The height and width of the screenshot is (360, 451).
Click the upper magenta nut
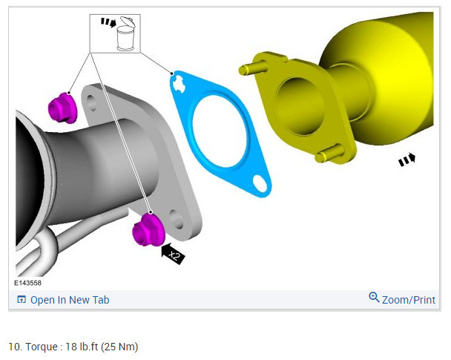(62, 108)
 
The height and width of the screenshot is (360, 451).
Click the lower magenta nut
(148, 231)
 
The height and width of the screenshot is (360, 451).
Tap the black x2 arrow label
(173, 254)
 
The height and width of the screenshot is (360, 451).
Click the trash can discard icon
(126, 34)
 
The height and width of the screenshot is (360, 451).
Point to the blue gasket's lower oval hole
(260, 183)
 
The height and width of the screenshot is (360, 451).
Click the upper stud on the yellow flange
(252, 68)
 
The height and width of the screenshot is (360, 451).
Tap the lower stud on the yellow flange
(329, 154)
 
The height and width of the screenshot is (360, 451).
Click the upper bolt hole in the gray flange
(91, 102)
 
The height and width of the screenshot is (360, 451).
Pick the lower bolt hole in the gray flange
(176, 220)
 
